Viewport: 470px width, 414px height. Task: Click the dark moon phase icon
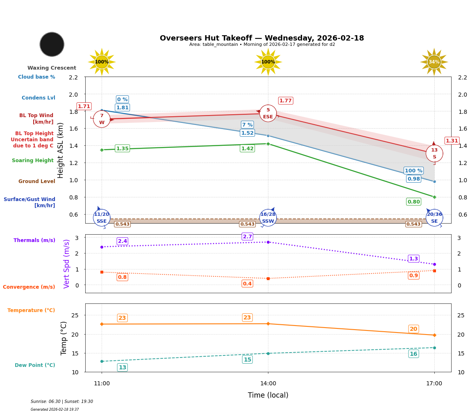[x=52, y=44]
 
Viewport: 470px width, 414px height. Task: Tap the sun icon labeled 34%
[x=434, y=62]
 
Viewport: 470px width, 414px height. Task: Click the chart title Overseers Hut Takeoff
[x=261, y=38]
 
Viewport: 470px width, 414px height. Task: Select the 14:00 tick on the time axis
[x=268, y=383]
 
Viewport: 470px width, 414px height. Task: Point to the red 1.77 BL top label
[x=285, y=101]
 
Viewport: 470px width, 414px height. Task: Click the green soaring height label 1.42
[x=247, y=148]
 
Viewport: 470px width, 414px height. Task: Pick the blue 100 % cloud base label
[x=413, y=171]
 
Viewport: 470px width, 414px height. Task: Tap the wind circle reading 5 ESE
[x=268, y=113]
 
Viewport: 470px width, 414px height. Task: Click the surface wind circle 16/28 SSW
[x=268, y=218]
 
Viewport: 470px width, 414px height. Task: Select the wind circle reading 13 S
[x=434, y=154]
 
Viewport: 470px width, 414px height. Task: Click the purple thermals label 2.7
[x=247, y=237]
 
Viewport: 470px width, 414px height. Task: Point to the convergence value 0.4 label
[x=247, y=284]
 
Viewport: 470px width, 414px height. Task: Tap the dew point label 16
[x=413, y=354]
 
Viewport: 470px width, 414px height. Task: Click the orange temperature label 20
[x=413, y=329]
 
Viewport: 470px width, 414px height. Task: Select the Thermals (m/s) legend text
[x=34, y=240]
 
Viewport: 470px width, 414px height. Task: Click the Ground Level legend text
[x=37, y=181]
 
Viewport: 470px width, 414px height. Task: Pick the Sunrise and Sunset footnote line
[x=62, y=402]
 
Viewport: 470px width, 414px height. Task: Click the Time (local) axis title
[x=268, y=395]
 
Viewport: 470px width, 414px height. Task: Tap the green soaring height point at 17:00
[x=434, y=197]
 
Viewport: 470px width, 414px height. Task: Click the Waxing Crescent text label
[x=52, y=68]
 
